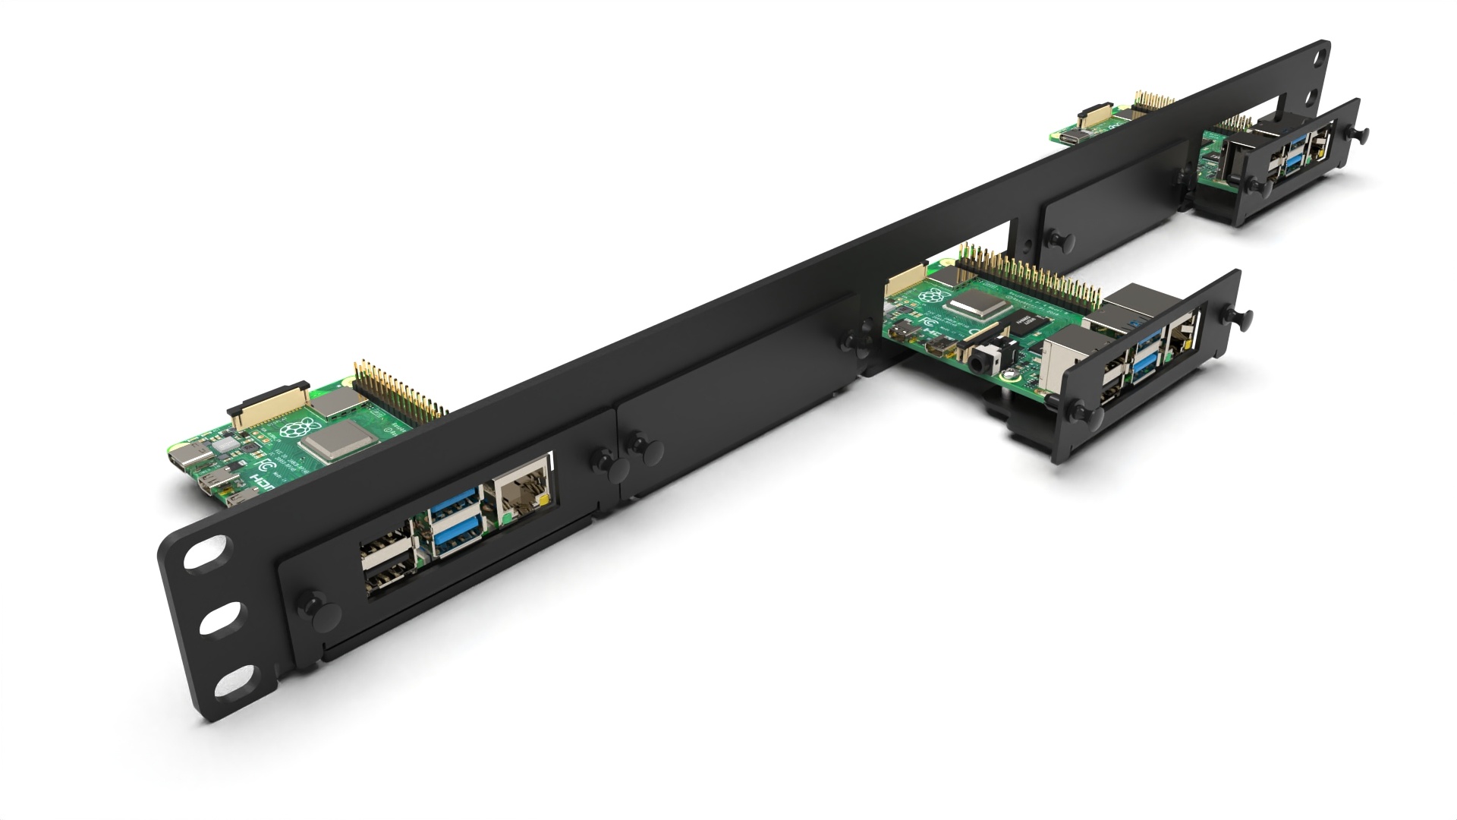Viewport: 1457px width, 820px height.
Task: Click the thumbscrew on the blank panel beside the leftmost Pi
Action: tap(641, 449)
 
